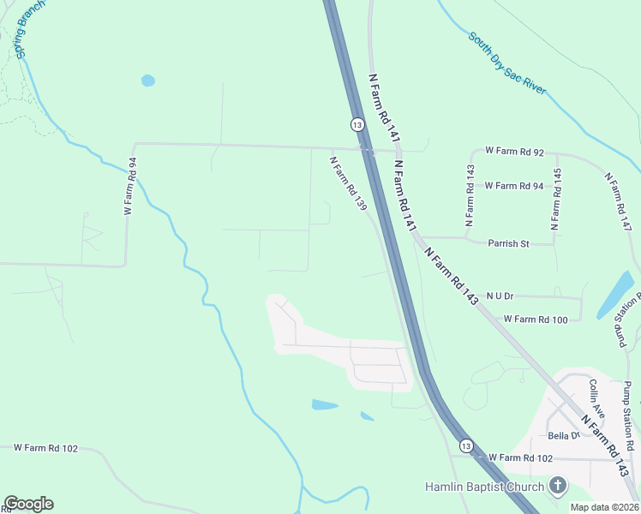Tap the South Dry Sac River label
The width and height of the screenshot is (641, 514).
507,65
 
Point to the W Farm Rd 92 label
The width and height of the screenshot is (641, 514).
514,151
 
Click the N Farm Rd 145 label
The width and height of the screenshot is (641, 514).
557,200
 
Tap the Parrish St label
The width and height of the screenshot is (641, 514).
508,243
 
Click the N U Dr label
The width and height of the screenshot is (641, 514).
499,296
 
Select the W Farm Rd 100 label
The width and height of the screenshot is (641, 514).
536,320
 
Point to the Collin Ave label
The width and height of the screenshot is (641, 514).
597,399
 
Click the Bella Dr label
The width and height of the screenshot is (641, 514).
564,436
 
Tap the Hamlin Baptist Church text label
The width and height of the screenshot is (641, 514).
484,487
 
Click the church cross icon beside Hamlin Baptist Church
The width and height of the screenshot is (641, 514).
558,487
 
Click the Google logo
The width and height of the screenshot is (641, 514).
28,504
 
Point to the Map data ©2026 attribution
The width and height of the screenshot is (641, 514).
604,507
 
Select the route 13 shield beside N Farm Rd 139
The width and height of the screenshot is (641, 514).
356,124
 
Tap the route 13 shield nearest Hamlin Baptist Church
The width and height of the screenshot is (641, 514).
465,446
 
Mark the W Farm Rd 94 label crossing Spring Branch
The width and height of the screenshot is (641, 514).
130,186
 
